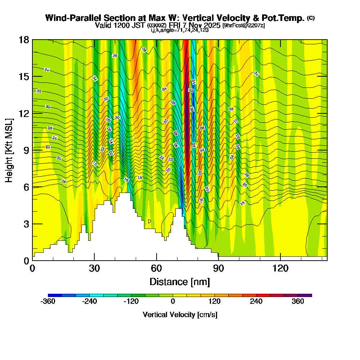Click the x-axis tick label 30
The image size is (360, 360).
coord(94,268)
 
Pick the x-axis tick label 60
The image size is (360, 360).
coord(157,268)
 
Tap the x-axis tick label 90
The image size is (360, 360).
coord(219,268)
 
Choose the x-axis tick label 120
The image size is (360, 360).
coord(280,268)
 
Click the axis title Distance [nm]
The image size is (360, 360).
coord(180,282)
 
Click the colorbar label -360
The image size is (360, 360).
coord(48,302)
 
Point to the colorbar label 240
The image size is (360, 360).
coord(256,302)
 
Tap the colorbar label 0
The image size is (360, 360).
coord(173,302)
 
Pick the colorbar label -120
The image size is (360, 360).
coord(131,302)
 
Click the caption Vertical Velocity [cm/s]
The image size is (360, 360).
coord(180,315)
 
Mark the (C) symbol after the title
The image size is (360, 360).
coord(311,18)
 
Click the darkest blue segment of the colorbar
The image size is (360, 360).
coord(55,295)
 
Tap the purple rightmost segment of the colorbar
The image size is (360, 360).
coord(305,295)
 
